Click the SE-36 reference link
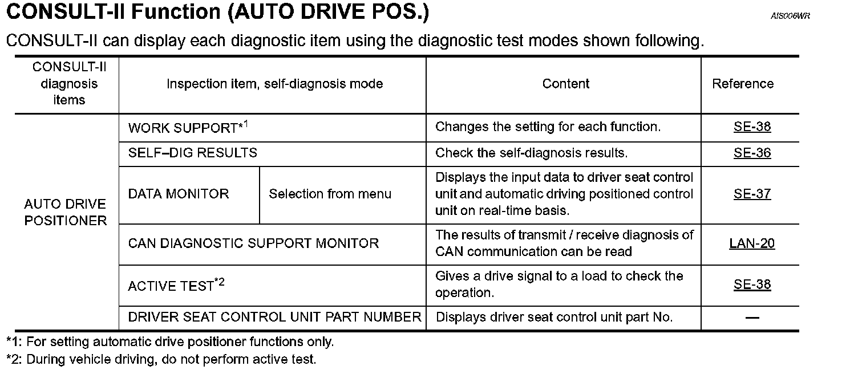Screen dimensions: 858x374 click(752, 153)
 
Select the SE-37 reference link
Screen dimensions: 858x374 click(752, 194)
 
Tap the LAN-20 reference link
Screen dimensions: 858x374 click(752, 243)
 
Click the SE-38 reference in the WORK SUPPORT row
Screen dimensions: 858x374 click(752, 127)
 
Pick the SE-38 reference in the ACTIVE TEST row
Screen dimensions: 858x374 click(752, 284)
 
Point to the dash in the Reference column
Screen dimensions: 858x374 click(752, 318)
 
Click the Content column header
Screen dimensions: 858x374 click(565, 84)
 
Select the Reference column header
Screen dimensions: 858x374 click(743, 84)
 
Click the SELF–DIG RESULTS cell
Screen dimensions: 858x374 click(193, 153)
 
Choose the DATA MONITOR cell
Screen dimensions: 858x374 click(179, 194)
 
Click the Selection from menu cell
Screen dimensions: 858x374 click(330, 194)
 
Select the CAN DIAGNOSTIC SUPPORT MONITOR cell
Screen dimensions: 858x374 click(253, 243)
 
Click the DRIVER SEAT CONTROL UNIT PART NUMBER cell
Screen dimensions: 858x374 click(274, 317)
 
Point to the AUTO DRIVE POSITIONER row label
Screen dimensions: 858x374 click(66, 212)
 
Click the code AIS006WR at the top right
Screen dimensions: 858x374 click(790, 17)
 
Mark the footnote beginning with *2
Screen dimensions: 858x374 click(161, 360)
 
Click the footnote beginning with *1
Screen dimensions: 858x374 click(170, 342)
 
